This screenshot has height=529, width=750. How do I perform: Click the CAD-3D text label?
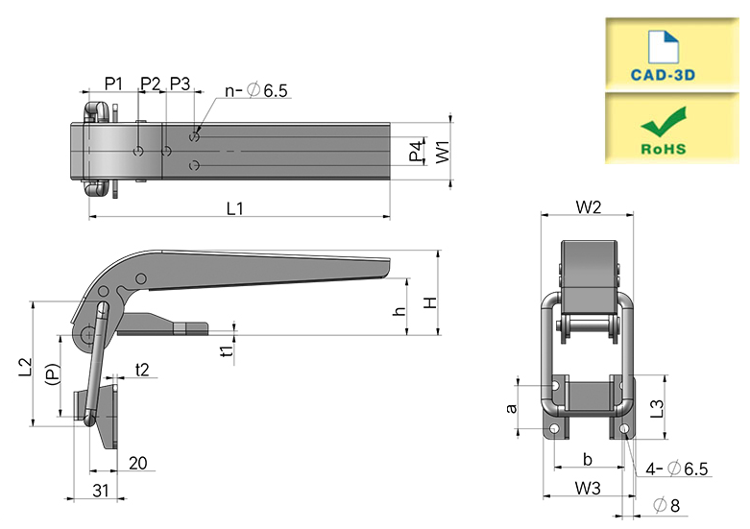[x=663, y=75]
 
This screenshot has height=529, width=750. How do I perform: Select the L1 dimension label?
[x=235, y=208]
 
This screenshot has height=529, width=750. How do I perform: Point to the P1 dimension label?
[x=113, y=84]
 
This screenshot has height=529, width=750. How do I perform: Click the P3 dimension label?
[x=180, y=84]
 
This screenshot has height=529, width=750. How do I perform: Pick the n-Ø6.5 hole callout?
[x=256, y=90]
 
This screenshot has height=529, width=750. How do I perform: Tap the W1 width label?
[x=443, y=152]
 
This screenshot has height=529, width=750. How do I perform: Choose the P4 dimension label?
[x=416, y=151]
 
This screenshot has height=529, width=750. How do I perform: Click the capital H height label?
[x=430, y=302]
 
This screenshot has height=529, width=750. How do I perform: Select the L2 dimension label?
[x=25, y=367]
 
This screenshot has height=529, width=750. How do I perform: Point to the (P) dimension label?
[x=53, y=374]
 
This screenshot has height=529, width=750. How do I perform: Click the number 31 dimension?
[x=101, y=491]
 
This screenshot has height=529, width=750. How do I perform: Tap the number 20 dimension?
[x=137, y=463]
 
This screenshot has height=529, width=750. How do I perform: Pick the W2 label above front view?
[x=589, y=207]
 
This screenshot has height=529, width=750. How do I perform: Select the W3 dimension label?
[x=588, y=489]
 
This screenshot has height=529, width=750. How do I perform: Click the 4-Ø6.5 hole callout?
[x=676, y=469]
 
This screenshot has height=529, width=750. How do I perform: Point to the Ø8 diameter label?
[x=666, y=505]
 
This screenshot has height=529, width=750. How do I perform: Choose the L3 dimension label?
[x=658, y=409]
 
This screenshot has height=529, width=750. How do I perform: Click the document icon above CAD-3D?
[x=663, y=47]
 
